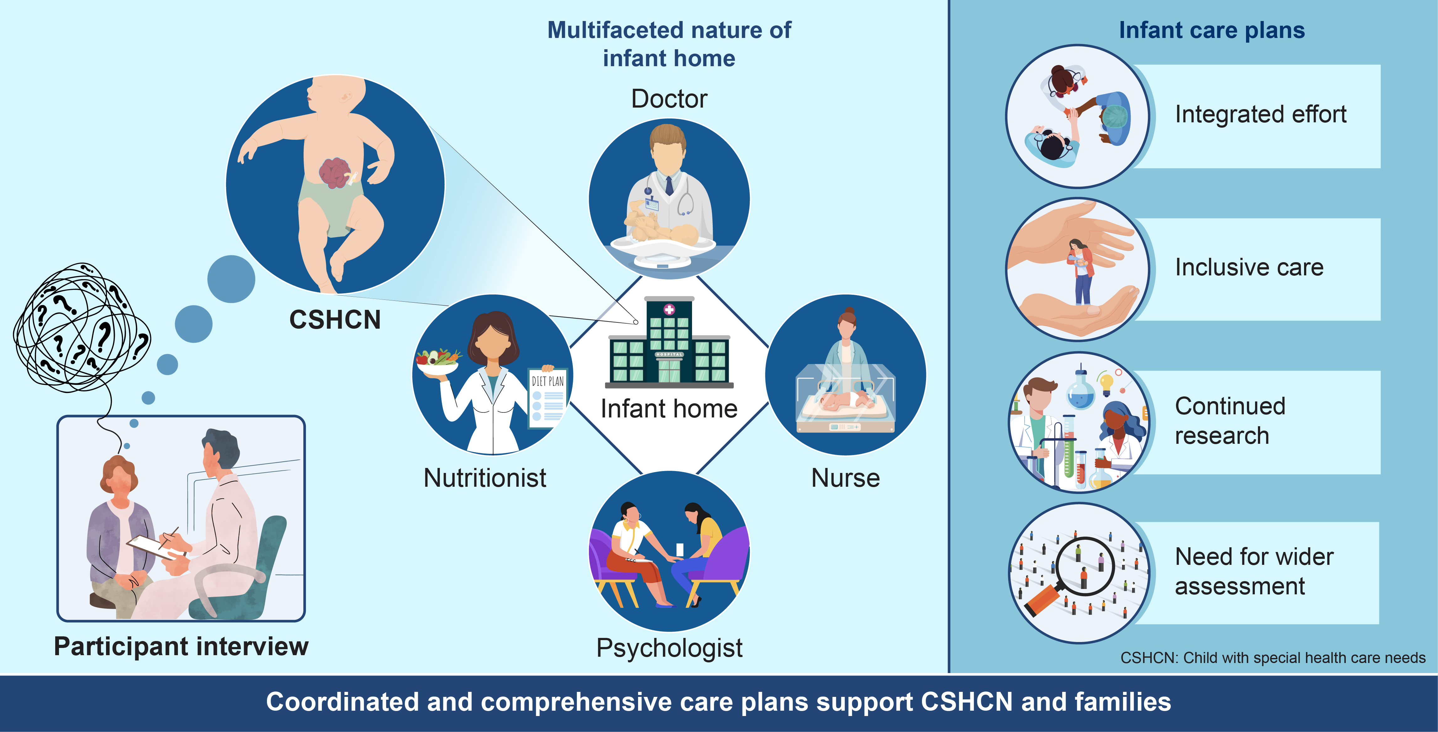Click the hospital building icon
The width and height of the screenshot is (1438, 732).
tap(669, 342)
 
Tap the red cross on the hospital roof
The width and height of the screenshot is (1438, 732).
tap(669, 309)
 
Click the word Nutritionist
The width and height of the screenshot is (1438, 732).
tap(485, 478)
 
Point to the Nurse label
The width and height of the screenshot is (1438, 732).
tap(845, 478)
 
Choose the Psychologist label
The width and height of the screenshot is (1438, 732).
tap(669, 648)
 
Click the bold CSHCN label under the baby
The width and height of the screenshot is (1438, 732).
tap(335, 320)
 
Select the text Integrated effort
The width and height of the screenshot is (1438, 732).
tap(1260, 114)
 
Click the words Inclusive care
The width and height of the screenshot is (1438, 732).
tap(1249, 267)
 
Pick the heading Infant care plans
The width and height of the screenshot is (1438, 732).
tap(1212, 30)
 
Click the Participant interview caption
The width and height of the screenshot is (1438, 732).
tap(181, 647)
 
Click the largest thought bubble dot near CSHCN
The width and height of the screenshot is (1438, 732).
tap(231, 279)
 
